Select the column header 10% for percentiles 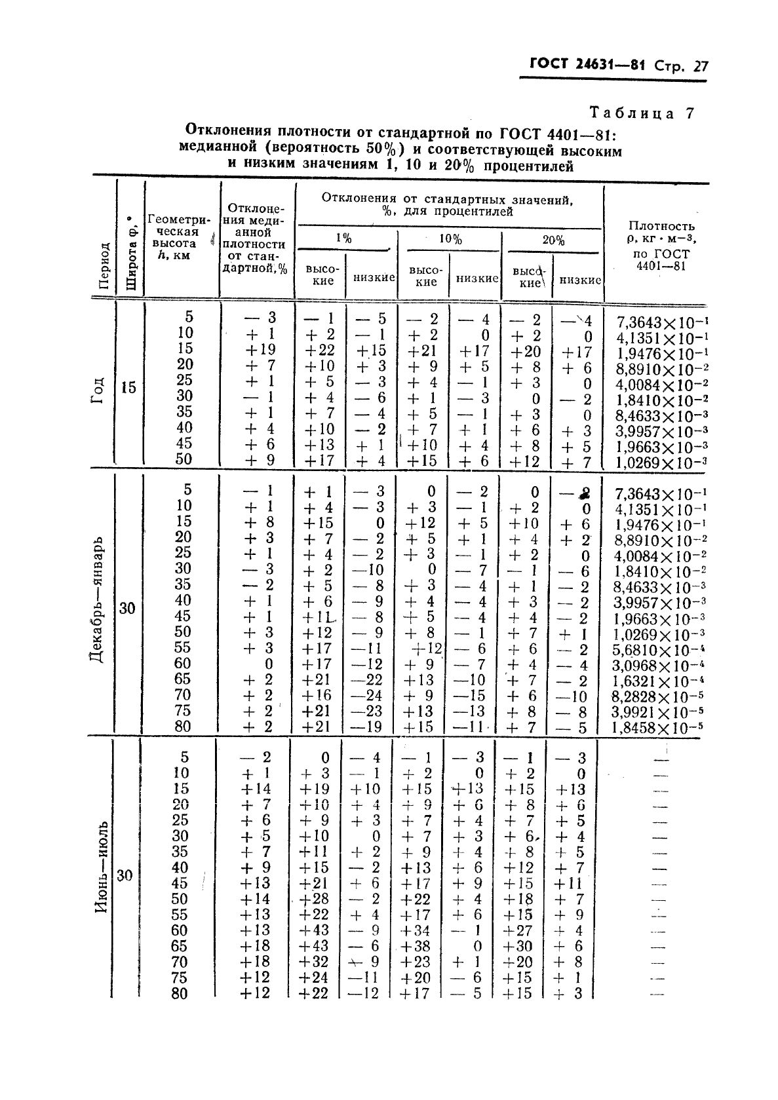tap(450, 240)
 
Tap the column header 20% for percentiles tap(553, 240)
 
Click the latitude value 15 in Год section tap(128, 387)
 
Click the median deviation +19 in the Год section tap(260, 349)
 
